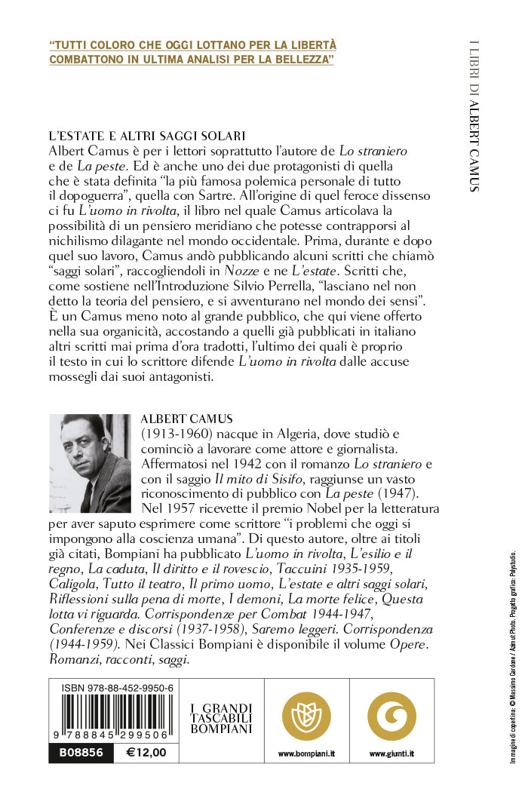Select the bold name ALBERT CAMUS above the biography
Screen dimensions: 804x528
pos(186,419)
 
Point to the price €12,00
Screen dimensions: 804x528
pos(146,752)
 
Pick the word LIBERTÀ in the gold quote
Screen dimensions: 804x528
pos(310,44)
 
